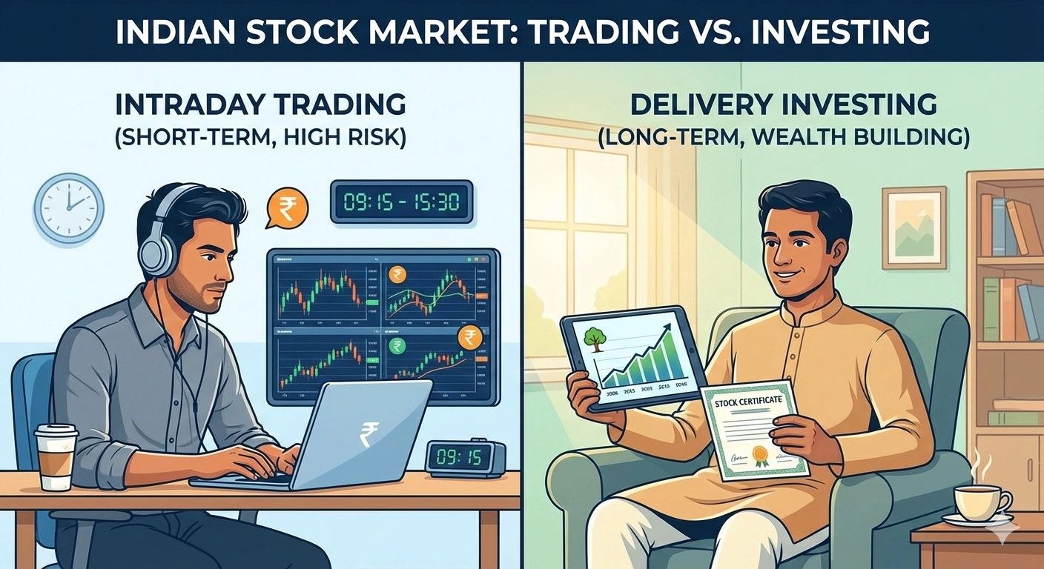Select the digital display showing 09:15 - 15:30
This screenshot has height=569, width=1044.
pos(400,202)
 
